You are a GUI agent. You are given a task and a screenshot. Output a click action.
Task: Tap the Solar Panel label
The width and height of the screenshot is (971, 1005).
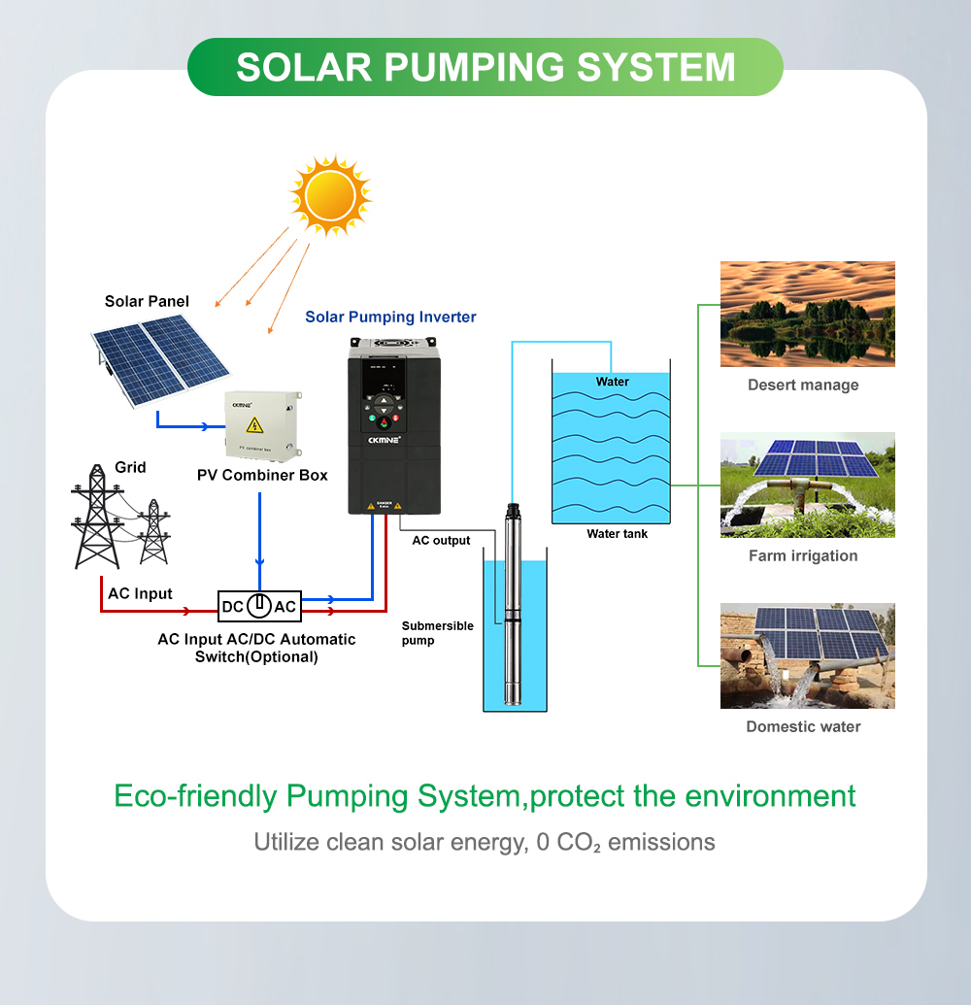pos(147,301)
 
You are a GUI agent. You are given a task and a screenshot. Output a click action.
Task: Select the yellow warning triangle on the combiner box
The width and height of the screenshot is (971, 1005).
pos(254,425)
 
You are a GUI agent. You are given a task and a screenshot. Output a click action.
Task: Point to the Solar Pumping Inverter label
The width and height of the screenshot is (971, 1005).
pos(390,317)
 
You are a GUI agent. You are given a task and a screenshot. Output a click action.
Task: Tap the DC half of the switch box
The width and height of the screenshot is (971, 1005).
pos(233,607)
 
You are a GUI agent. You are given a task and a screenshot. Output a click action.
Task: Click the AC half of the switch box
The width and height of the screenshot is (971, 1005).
pos(285,607)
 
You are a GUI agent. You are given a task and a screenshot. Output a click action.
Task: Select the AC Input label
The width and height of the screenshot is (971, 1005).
pos(140,593)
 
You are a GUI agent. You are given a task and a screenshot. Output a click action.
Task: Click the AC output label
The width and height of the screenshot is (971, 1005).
pos(441,540)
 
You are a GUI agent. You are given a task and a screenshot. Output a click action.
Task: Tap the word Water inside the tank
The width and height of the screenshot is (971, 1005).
pos(613,382)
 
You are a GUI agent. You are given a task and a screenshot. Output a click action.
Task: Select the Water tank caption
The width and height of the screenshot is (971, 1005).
pos(617,533)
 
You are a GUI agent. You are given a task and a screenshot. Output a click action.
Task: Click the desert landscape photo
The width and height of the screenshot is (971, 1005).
pos(807,314)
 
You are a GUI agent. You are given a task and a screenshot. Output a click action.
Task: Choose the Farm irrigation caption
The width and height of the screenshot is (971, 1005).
pos(803,555)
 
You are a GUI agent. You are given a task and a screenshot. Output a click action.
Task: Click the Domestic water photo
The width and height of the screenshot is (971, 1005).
pos(807,655)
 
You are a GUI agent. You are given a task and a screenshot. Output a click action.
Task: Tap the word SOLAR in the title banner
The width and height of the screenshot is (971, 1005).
pos(304,67)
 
